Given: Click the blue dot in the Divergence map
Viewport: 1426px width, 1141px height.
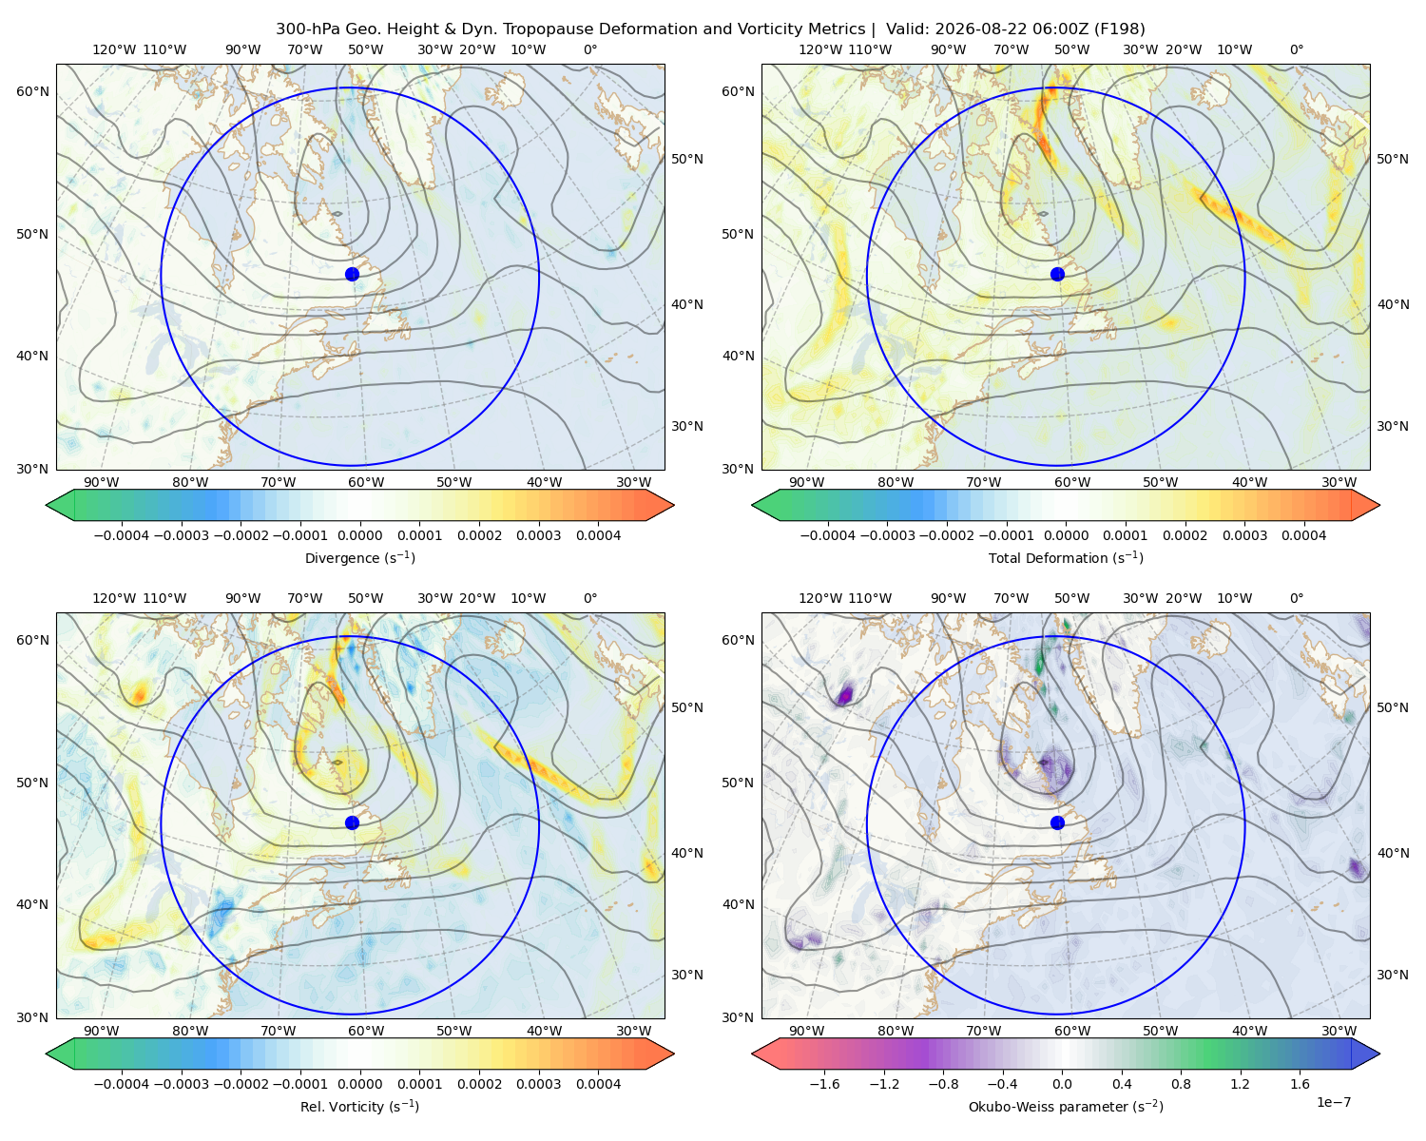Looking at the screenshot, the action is click(352, 275).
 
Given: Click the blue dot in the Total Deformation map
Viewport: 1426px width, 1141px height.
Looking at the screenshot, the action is click(1057, 275).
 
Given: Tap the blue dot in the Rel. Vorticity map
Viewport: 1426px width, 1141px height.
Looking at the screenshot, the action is click(352, 822).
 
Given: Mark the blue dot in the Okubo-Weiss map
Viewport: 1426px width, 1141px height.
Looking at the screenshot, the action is click(1057, 822).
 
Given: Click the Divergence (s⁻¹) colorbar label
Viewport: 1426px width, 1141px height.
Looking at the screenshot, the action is click(359, 557).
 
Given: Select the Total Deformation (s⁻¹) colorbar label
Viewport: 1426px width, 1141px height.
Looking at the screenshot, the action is click(1066, 557).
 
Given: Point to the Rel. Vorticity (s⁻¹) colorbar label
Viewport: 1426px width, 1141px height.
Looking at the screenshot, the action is click(359, 1107).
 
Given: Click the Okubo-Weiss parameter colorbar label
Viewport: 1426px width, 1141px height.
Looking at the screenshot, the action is click(1066, 1107).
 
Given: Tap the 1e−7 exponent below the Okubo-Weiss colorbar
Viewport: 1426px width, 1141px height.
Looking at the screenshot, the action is click(1333, 1102).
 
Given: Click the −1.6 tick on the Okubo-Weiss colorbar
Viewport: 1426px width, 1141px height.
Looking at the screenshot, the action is click(824, 1084).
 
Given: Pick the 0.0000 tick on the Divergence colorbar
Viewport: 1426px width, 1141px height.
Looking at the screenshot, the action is click(359, 535).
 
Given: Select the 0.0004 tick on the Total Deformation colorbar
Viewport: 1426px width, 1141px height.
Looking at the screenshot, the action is click(1303, 535).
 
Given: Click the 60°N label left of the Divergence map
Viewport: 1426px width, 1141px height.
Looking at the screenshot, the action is click(32, 91).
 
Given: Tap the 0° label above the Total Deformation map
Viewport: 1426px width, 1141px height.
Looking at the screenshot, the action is click(1296, 49).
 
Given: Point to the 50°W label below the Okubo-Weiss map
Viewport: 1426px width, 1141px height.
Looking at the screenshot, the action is click(1160, 1031).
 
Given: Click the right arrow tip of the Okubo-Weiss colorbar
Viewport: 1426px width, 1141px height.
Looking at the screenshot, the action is click(1379, 1054).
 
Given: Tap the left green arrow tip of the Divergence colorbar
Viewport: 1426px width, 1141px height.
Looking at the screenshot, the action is click(46, 505).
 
